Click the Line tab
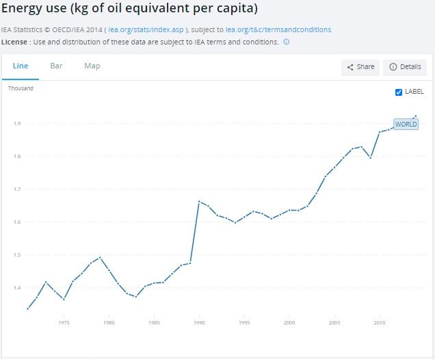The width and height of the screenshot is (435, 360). pyautogui.click(x=20, y=66)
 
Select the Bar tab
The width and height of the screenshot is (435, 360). pyautogui.click(x=56, y=66)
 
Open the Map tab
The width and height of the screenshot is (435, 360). pyautogui.click(x=92, y=66)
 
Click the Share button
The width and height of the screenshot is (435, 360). pyautogui.click(x=360, y=67)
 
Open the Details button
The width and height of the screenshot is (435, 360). pyautogui.click(x=405, y=67)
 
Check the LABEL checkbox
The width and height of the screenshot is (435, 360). pyautogui.click(x=399, y=92)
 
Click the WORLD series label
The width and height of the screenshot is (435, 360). pyautogui.click(x=406, y=125)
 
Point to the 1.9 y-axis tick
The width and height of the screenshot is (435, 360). pyautogui.click(x=16, y=124)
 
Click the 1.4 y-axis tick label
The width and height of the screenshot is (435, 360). pyautogui.click(x=16, y=288)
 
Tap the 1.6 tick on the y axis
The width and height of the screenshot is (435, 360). pyautogui.click(x=16, y=222)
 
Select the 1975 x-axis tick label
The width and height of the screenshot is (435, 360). pyautogui.click(x=64, y=322)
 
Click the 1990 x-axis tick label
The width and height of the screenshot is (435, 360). pyautogui.click(x=199, y=322)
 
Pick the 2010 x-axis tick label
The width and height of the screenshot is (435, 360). pyautogui.click(x=380, y=322)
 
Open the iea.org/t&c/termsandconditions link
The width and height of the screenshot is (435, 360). pyautogui.click(x=278, y=30)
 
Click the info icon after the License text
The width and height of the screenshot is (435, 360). pyautogui.click(x=286, y=42)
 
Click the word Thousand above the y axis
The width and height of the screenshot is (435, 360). pyautogui.click(x=21, y=88)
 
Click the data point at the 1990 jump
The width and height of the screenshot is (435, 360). pyautogui.click(x=199, y=201)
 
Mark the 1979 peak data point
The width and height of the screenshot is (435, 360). pyautogui.click(x=100, y=257)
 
